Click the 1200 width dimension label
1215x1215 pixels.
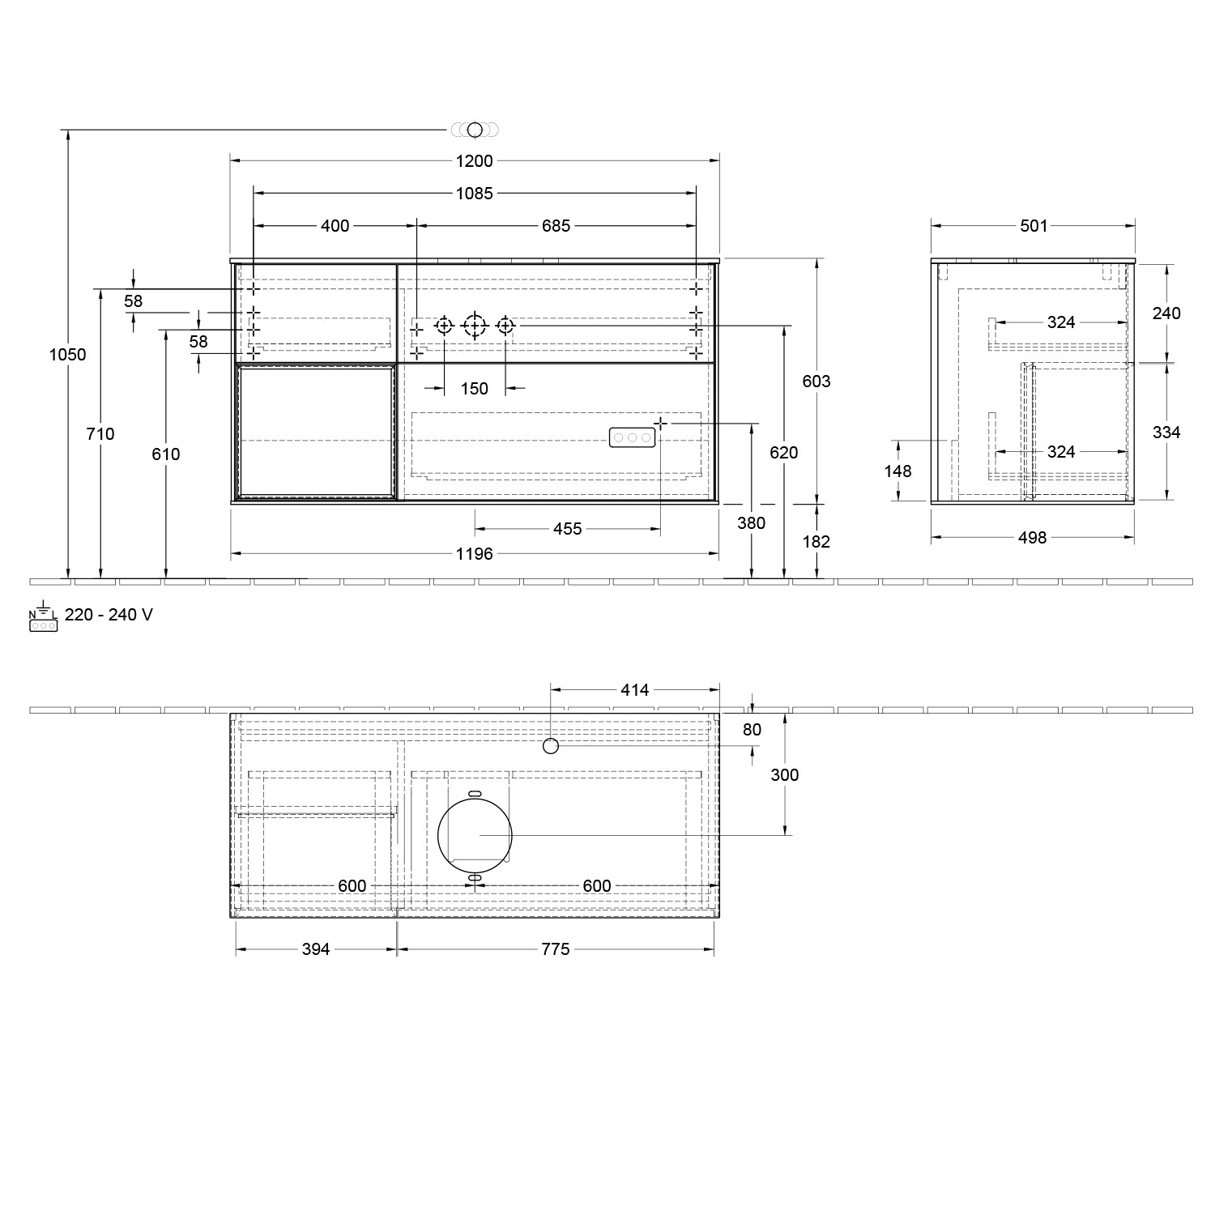coord(474,161)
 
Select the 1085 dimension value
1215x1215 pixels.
coord(474,194)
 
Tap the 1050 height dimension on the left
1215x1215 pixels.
coord(67,355)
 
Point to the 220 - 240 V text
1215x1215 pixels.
coord(109,615)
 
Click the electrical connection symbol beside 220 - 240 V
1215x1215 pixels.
coord(43,619)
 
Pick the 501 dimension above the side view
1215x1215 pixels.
coord(1034,226)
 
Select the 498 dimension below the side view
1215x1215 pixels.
coord(1032,537)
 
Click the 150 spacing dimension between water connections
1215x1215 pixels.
coord(474,389)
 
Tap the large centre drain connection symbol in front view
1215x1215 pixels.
coord(475,326)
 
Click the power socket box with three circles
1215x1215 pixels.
coord(632,437)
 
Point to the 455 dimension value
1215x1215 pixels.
coord(567,529)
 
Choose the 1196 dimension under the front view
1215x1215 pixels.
coord(474,554)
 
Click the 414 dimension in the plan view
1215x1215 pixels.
coord(634,690)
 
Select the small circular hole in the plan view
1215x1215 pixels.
coord(551,745)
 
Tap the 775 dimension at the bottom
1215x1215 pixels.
coord(556,949)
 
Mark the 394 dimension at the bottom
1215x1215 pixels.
coord(316,949)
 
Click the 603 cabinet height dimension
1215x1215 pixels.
coord(816,381)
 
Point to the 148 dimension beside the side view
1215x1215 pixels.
coord(897,471)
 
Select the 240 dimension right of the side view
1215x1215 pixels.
coord(1166,313)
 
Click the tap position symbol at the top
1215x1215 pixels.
coord(475,130)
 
